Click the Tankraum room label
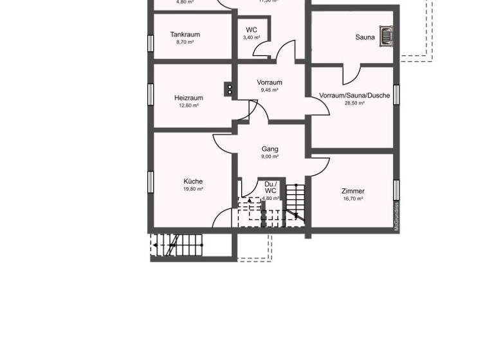(185, 35)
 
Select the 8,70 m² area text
(185, 42)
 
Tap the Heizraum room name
(188, 98)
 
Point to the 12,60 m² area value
(188, 106)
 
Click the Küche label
(193, 182)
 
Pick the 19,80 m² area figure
(193, 190)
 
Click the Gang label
(270, 149)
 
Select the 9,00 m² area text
(270, 157)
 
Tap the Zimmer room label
(353, 192)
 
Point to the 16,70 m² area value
(353, 199)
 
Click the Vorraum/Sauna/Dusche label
(354, 96)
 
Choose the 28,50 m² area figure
(354, 103)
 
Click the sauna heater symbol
(386, 36)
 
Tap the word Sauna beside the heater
(365, 37)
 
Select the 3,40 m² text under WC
(252, 38)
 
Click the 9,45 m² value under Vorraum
(270, 91)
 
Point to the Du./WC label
(270, 187)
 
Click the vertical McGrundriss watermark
(397, 217)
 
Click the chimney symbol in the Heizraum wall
(229, 89)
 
